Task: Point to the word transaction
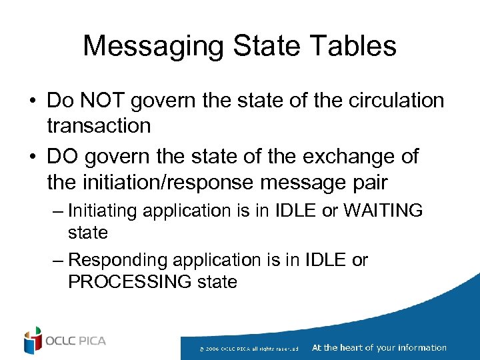(99, 125)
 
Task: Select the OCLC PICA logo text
(75, 341)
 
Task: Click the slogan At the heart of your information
(379, 347)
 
